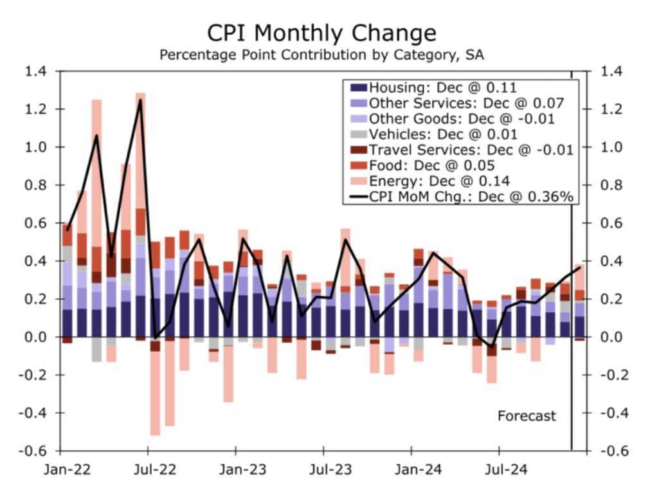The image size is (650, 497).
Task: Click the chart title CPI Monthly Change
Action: [321, 33]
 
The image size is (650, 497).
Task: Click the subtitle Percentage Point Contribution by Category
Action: [321, 55]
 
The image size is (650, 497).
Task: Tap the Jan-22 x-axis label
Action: [67, 470]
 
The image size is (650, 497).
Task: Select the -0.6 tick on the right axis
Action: [614, 451]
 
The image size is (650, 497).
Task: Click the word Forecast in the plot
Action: [527, 416]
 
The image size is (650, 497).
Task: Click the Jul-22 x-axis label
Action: [154, 470]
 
